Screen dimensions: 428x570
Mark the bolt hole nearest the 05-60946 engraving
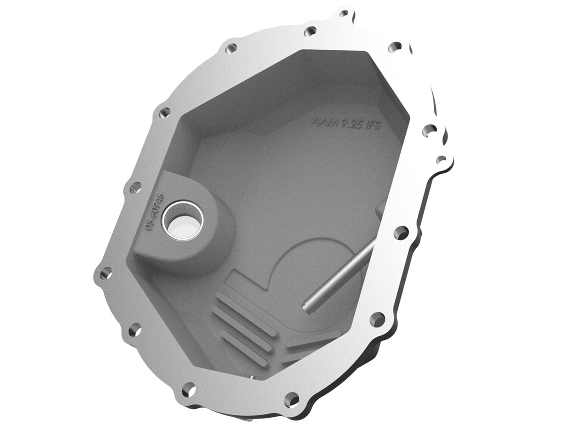click(135, 188)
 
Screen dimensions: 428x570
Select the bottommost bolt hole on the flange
click(292, 400)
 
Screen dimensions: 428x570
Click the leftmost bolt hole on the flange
click(106, 272)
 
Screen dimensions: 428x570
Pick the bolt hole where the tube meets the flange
click(401, 232)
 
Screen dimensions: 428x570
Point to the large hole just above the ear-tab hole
click(429, 130)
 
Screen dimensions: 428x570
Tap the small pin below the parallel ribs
click(252, 377)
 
